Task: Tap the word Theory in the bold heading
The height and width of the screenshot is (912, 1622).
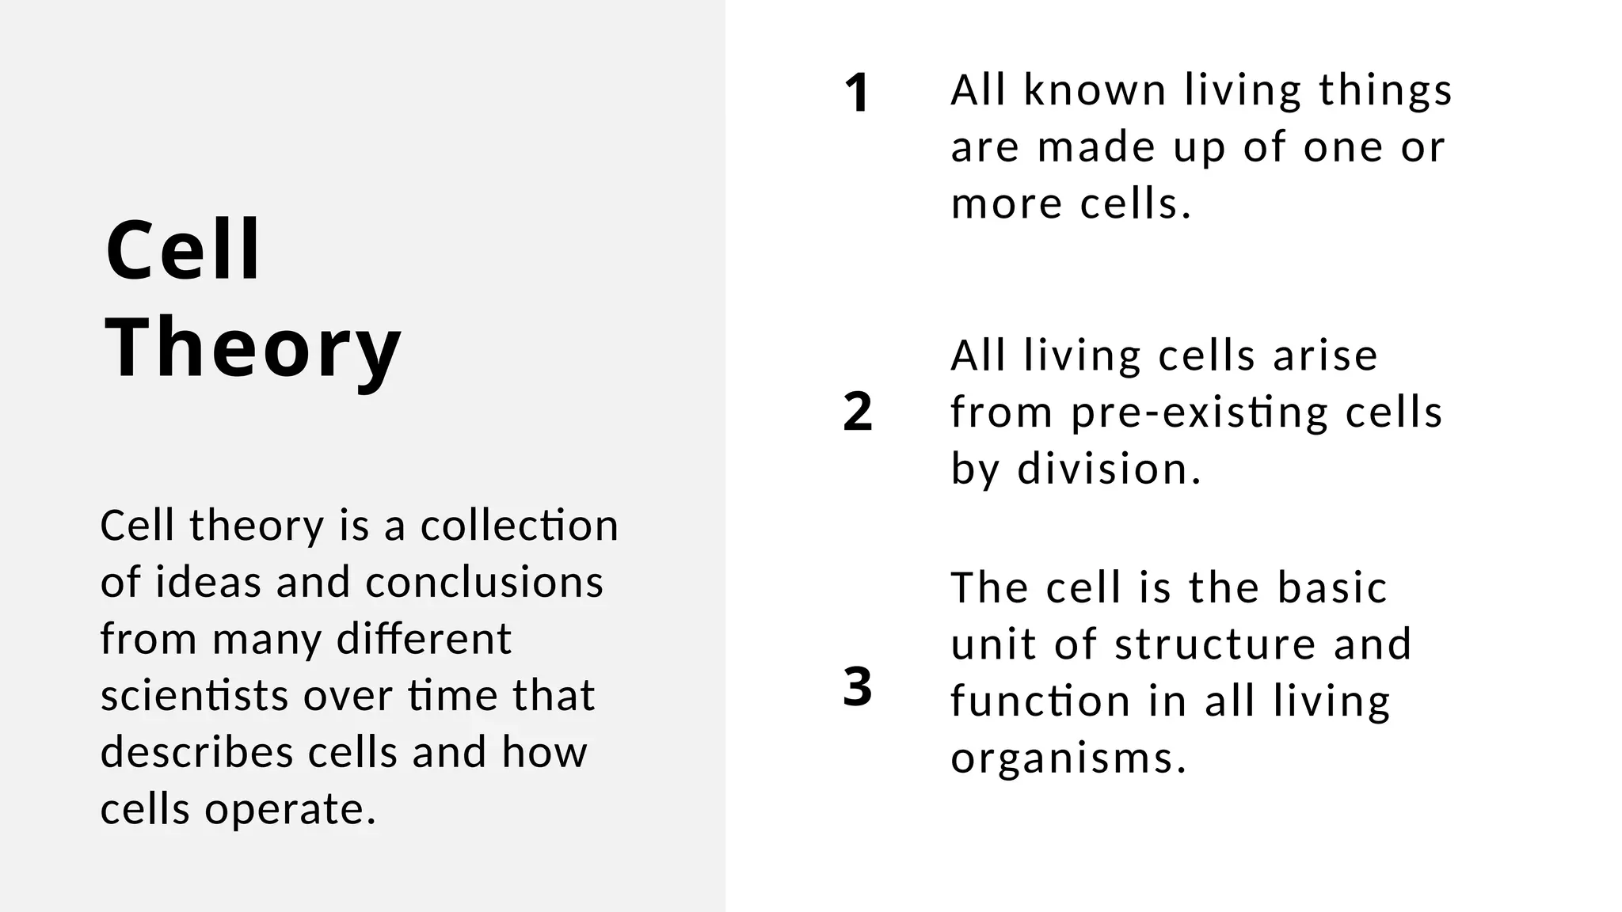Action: click(x=253, y=348)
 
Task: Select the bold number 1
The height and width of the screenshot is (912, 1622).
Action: click(x=857, y=93)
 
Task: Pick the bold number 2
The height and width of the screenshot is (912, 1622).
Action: click(x=857, y=412)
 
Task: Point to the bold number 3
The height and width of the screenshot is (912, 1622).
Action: click(x=857, y=686)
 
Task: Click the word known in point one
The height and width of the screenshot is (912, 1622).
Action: click(x=1095, y=89)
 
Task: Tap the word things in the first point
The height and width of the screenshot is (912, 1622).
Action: click(x=1386, y=91)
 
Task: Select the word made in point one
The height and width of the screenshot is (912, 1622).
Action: click(x=1098, y=147)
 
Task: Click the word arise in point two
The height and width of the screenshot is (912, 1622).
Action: click(x=1325, y=355)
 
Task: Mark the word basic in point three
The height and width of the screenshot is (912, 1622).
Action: click(x=1332, y=587)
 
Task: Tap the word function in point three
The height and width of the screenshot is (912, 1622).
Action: click(x=1040, y=701)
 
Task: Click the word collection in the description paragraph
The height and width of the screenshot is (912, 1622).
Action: click(x=520, y=526)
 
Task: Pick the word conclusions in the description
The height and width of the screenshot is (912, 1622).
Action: click(x=485, y=583)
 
